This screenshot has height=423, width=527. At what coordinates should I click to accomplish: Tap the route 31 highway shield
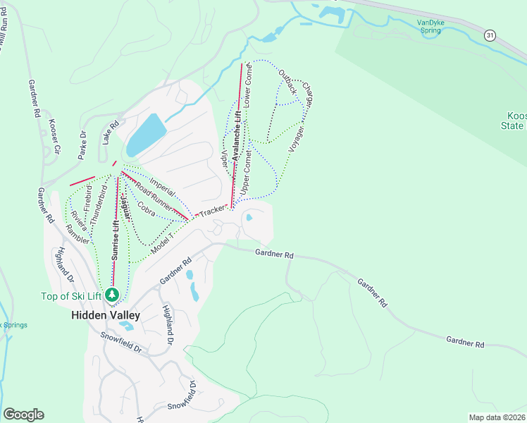pos(490,35)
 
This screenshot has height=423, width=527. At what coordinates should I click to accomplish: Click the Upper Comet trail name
pos(246,172)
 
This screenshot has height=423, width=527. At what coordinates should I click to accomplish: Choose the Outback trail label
pos(287,83)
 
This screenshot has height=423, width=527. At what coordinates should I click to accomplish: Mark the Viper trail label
pos(225,158)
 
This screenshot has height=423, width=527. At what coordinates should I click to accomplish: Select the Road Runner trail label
pos(154,195)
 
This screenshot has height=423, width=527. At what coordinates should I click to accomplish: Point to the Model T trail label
pos(162,243)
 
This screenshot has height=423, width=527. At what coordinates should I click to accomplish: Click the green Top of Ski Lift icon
pos(111,294)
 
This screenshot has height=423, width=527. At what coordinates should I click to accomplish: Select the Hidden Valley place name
pos(106,315)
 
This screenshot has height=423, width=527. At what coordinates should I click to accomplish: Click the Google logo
pos(23,415)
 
